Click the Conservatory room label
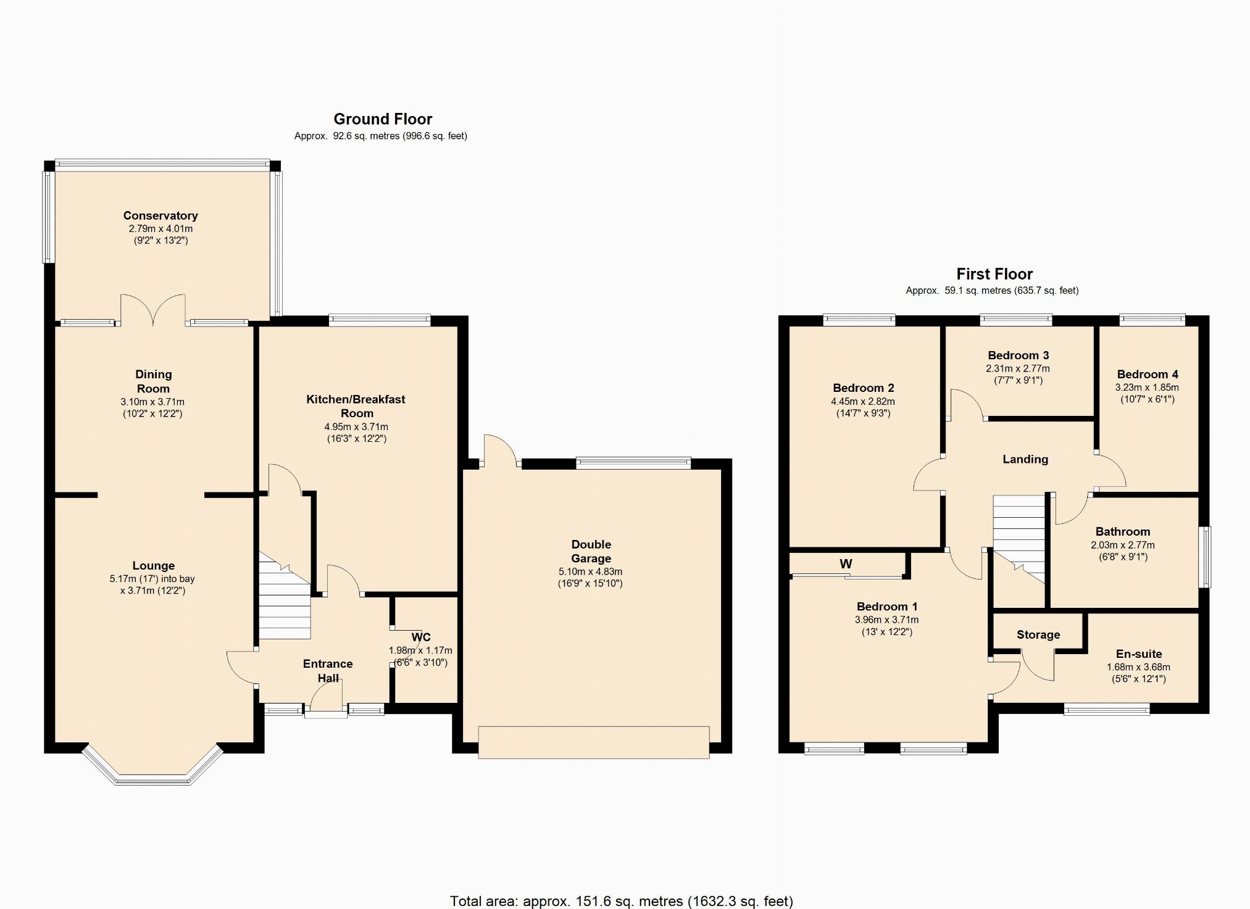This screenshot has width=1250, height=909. [x=160, y=215]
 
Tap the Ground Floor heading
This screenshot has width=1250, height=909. [x=383, y=119]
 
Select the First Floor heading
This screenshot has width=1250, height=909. [x=994, y=274]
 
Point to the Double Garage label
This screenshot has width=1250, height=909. [x=591, y=551]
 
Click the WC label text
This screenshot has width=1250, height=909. [x=421, y=637]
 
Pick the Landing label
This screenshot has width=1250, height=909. [x=1025, y=459]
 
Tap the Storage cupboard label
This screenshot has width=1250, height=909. [x=1038, y=634]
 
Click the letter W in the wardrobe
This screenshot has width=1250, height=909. [x=846, y=563]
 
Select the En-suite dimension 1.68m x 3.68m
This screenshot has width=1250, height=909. [x=1138, y=667]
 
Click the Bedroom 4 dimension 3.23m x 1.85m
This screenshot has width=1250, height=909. [x=1147, y=388]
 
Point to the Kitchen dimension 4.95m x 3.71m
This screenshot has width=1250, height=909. [x=356, y=426]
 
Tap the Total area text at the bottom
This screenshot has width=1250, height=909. [x=622, y=901]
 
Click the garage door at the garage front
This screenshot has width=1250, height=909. [x=594, y=742]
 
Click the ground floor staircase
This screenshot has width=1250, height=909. [x=284, y=596]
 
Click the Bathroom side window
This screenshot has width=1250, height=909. [x=1204, y=557]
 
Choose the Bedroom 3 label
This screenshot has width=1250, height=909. [x=1019, y=355]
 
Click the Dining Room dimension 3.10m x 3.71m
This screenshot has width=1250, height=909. [x=152, y=402]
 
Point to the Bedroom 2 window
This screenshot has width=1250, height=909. [x=859, y=320]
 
